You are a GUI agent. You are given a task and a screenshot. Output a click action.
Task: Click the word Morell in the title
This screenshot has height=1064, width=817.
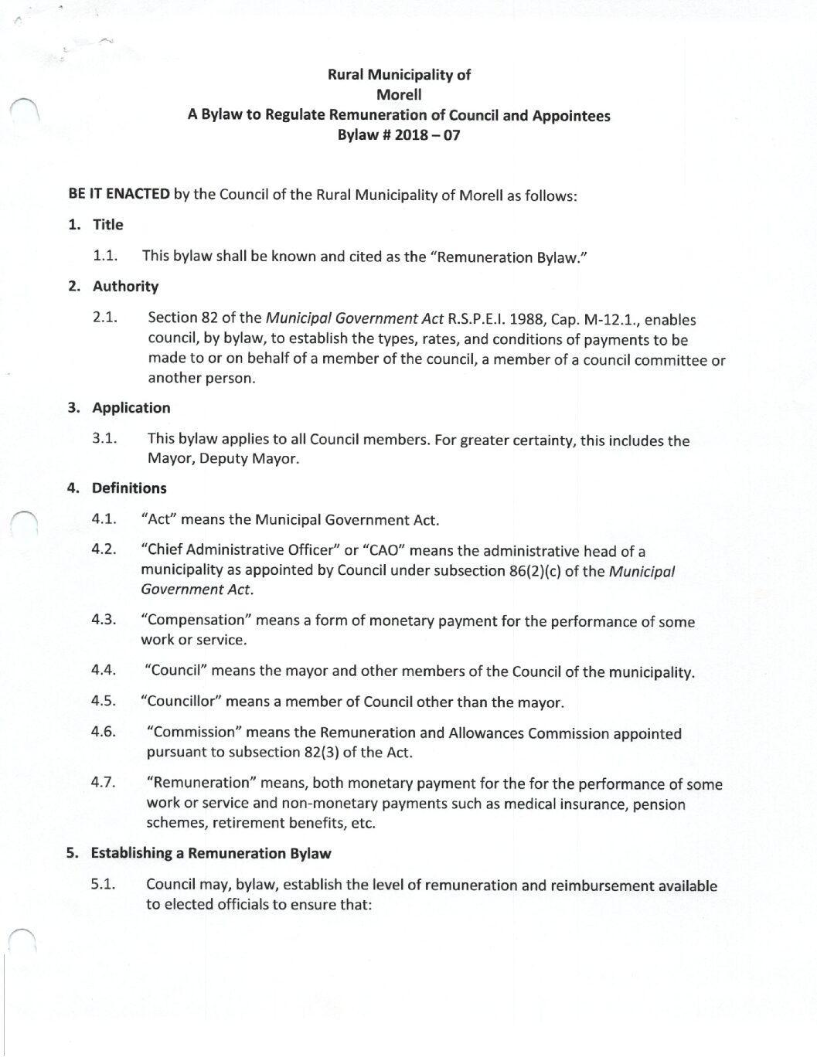coord(399,95)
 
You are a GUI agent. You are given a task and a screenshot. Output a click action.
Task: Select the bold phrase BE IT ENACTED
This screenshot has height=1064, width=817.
coord(119,194)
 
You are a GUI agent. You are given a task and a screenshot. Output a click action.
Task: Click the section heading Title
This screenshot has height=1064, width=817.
coord(108,225)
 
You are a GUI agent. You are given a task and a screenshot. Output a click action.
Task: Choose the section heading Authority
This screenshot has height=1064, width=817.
coord(125,286)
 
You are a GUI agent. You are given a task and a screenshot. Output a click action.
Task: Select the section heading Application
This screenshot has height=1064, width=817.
coord(131,408)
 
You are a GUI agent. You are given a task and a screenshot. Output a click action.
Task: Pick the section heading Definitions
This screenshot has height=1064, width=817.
coord(129,488)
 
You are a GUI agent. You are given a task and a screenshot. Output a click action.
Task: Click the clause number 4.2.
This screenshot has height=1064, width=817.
coord(104,549)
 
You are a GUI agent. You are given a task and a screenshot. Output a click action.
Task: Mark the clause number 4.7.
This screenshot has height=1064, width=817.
coord(104,782)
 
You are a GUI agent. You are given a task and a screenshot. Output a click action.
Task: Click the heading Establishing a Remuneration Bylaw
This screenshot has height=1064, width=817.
coord(211,853)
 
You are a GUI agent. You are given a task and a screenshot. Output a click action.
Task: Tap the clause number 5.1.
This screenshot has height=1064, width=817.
coord(104,885)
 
